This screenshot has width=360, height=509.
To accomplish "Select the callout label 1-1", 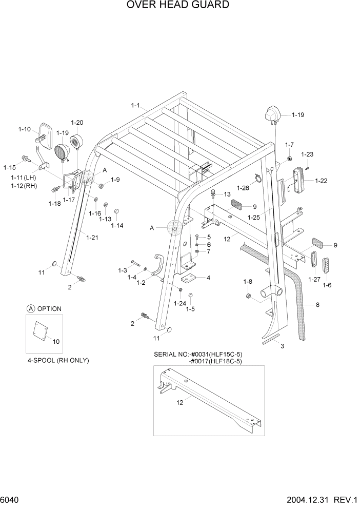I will pos(136,105).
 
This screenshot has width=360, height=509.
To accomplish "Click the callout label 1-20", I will pos(77,123).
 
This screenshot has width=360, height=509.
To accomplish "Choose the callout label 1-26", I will pos(243,188).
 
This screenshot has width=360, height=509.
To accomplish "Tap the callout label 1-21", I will pos(92,237).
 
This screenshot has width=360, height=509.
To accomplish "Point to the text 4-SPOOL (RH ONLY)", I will pos(58,360).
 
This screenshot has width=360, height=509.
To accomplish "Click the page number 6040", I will pos(10,499).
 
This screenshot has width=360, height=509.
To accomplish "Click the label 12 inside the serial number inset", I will pos(180,403).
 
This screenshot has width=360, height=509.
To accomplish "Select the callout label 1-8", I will pos(248,281).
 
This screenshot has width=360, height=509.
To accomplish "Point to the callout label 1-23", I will pos(307,154).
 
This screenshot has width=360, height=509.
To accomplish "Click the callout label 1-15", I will pos(10,167).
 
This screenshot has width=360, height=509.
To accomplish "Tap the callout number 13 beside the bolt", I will pos(227,194).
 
